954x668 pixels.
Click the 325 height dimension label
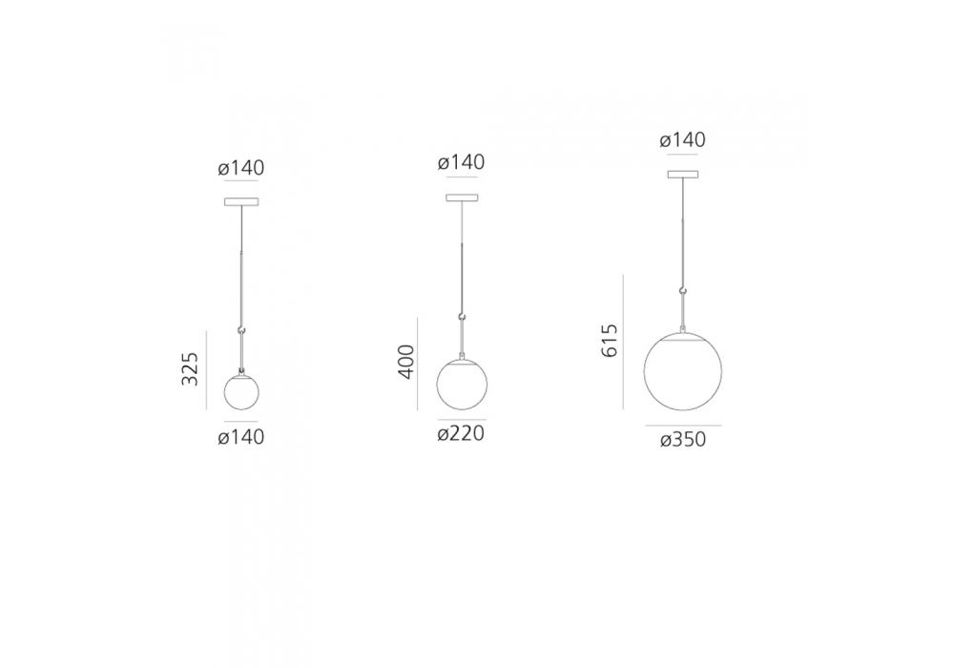coord(190,368)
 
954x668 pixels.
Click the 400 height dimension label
coord(406,362)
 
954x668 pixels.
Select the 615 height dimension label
coord(610,341)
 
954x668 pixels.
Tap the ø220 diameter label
coord(461,434)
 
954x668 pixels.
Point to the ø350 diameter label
coord(683,439)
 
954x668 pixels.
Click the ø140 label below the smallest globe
coord(241,437)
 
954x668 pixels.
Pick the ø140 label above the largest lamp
coord(683,140)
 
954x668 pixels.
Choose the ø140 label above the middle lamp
coord(461,162)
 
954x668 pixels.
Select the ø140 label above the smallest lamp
coord(241,168)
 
